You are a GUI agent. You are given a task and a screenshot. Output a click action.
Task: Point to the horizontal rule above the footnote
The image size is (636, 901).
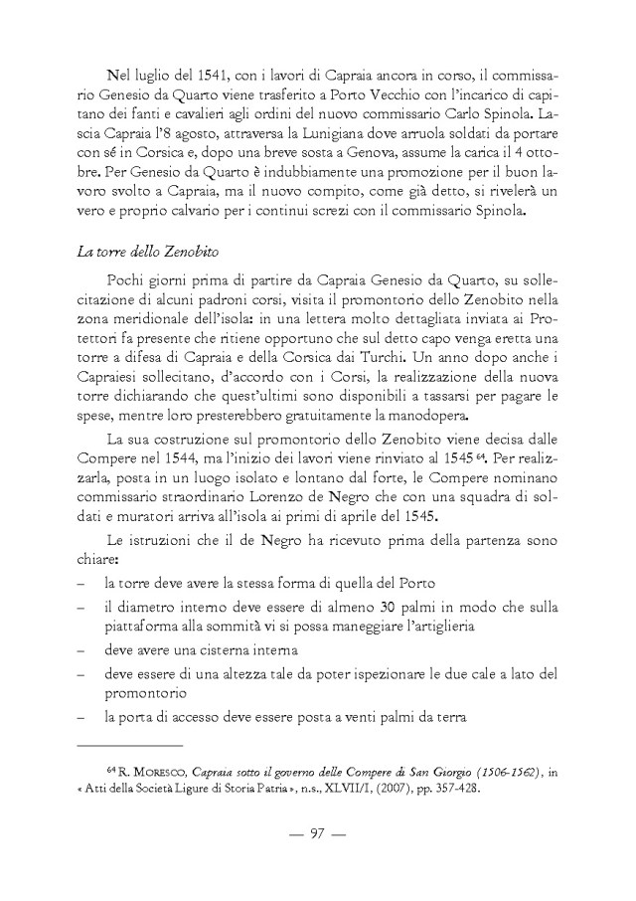pos(130,744)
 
